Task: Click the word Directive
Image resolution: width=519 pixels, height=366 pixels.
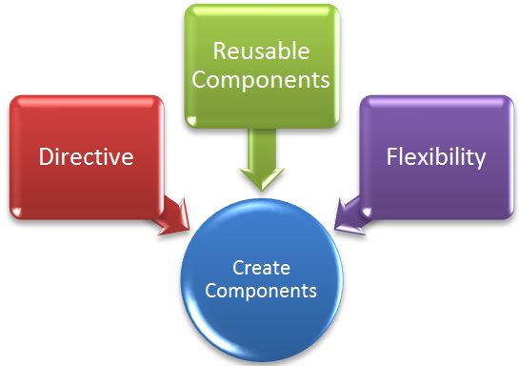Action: pyautogui.click(x=86, y=156)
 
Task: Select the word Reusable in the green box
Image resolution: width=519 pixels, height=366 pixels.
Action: pyautogui.click(x=261, y=50)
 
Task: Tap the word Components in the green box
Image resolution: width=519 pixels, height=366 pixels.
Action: pyautogui.click(x=261, y=79)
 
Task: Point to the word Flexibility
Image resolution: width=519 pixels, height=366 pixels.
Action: pyautogui.click(x=435, y=156)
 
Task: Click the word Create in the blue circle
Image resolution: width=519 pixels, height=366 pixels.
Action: pyautogui.click(x=262, y=269)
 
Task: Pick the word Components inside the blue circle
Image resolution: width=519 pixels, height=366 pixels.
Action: pyautogui.click(x=262, y=290)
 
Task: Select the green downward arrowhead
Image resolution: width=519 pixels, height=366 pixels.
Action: pyautogui.click(x=261, y=175)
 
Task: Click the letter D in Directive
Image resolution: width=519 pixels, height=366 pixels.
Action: pyautogui.click(x=46, y=156)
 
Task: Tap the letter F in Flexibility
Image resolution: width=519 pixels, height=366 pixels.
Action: pyautogui.click(x=392, y=156)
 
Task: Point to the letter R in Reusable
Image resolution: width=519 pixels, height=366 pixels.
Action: pyautogui.click(x=218, y=50)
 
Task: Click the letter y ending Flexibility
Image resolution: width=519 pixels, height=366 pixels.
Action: pyautogui.click(x=481, y=159)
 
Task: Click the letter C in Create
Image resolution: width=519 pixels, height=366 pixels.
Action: pyautogui.click(x=238, y=269)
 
